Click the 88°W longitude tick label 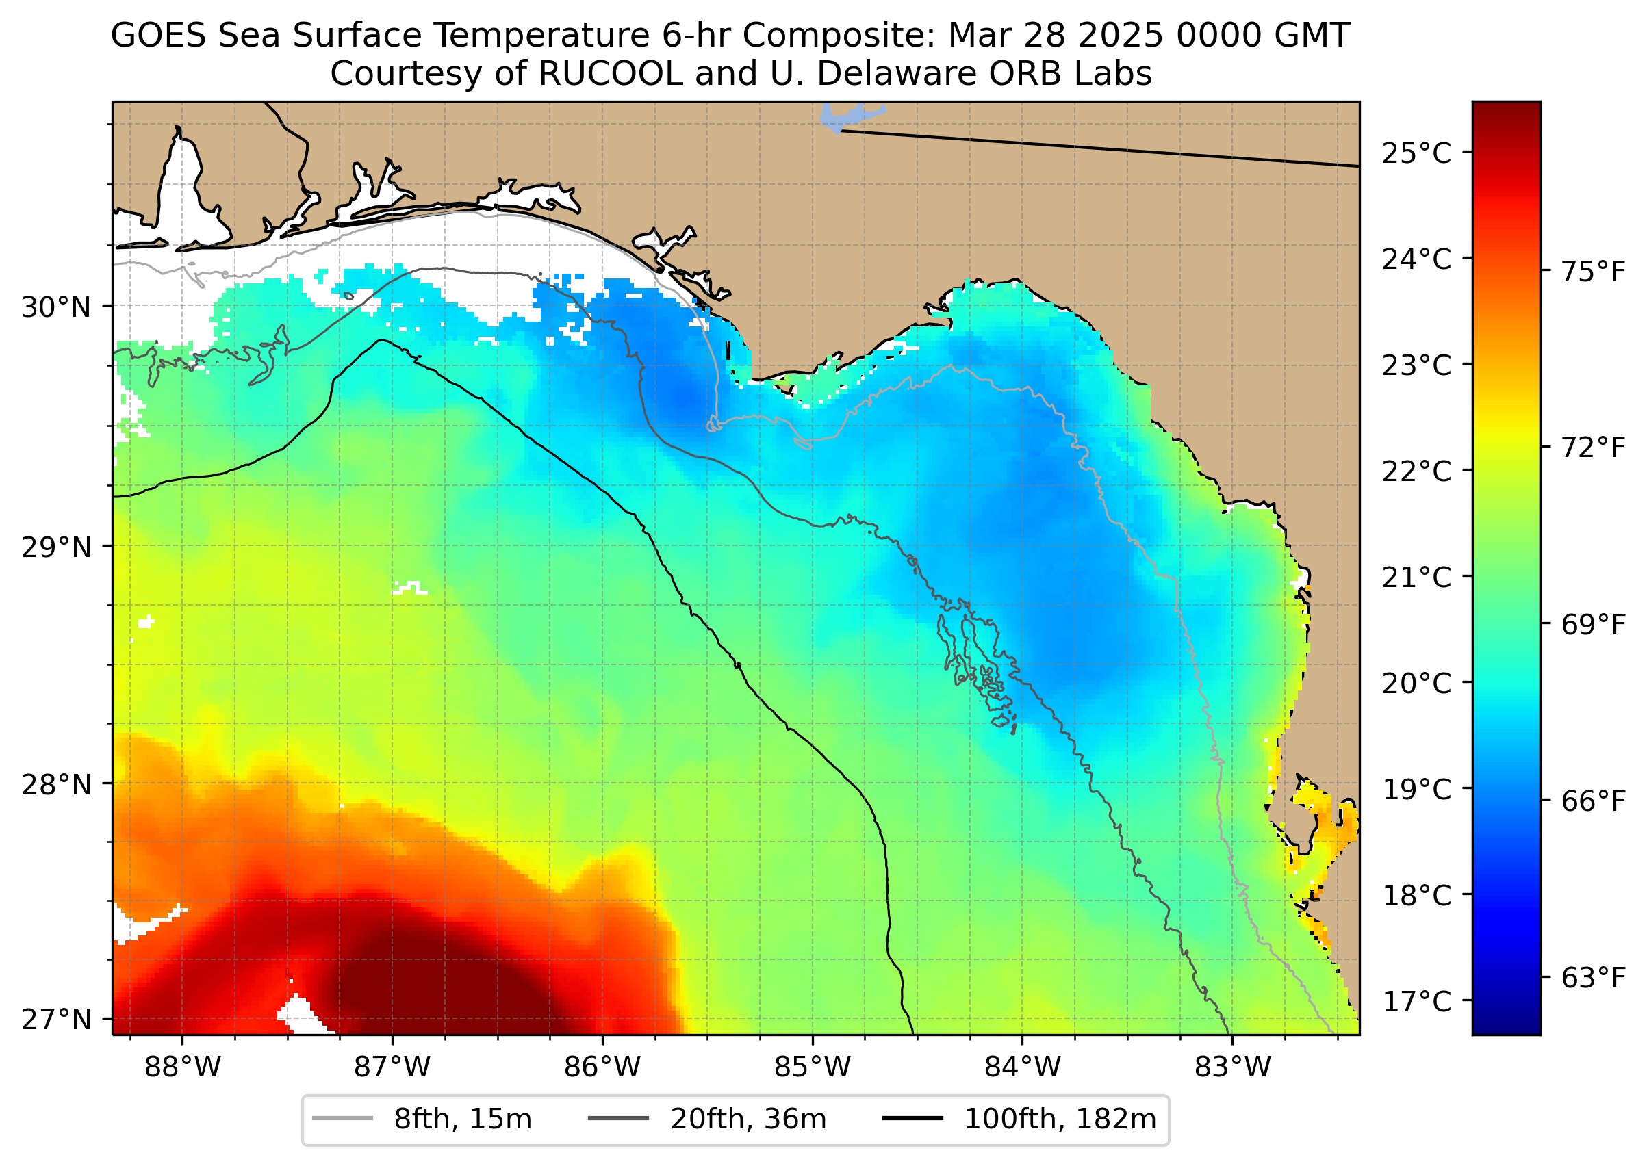tap(183, 1067)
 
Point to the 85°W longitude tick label tap(813, 1067)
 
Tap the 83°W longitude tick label tap(1233, 1067)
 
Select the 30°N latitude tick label tap(57, 307)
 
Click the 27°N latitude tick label tap(57, 1020)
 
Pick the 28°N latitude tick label tap(57, 785)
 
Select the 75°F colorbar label tap(1593, 272)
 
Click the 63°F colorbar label tap(1593, 978)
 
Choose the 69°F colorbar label tap(1593, 625)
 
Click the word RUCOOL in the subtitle tap(611, 73)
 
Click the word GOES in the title tap(159, 35)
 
